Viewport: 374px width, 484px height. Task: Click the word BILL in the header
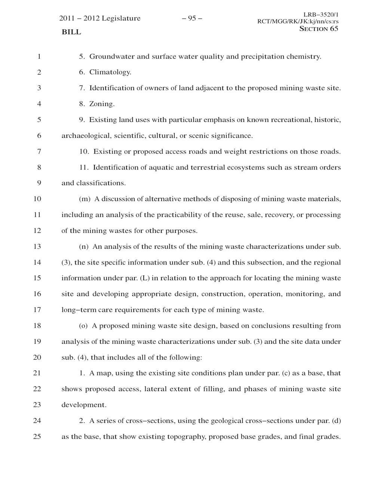(x=71, y=32)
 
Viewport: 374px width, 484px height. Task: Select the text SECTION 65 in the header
(x=319, y=29)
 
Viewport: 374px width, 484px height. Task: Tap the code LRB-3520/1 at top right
(x=321, y=15)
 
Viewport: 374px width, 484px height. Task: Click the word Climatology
(x=110, y=72)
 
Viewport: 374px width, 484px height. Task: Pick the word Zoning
(x=102, y=104)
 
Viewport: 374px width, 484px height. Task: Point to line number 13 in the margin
(x=37, y=246)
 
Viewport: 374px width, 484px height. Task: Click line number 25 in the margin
(x=37, y=436)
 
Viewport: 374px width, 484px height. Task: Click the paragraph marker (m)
(x=85, y=199)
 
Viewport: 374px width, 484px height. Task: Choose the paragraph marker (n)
(x=84, y=246)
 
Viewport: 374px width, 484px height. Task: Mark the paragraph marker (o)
(x=84, y=326)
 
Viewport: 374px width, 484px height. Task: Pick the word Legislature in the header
(x=122, y=18)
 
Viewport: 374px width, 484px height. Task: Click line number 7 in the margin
(x=39, y=152)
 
